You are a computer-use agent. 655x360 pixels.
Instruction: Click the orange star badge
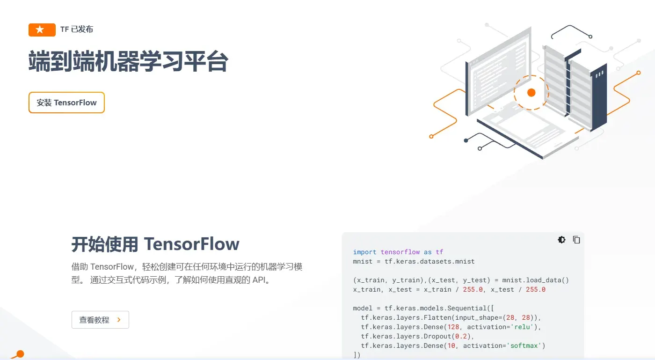[x=42, y=29]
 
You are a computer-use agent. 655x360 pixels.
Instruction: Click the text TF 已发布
[x=77, y=29]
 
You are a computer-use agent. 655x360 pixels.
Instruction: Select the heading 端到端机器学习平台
[x=128, y=62]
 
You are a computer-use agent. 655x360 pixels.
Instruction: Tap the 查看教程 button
[x=100, y=320]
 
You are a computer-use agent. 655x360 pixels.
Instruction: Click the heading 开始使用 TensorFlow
[x=155, y=244]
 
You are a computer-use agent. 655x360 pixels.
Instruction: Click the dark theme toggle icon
[x=561, y=240]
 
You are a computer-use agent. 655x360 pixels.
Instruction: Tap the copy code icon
[x=576, y=240]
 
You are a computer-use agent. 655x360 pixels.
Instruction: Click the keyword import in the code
[x=364, y=252]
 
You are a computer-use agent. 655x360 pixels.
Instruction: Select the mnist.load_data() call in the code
[x=535, y=280]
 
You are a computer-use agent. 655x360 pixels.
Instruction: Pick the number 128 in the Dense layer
[x=453, y=327]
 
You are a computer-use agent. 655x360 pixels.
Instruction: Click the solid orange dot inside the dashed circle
[x=531, y=93]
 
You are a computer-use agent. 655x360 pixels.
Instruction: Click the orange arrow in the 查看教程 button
[x=119, y=320]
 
